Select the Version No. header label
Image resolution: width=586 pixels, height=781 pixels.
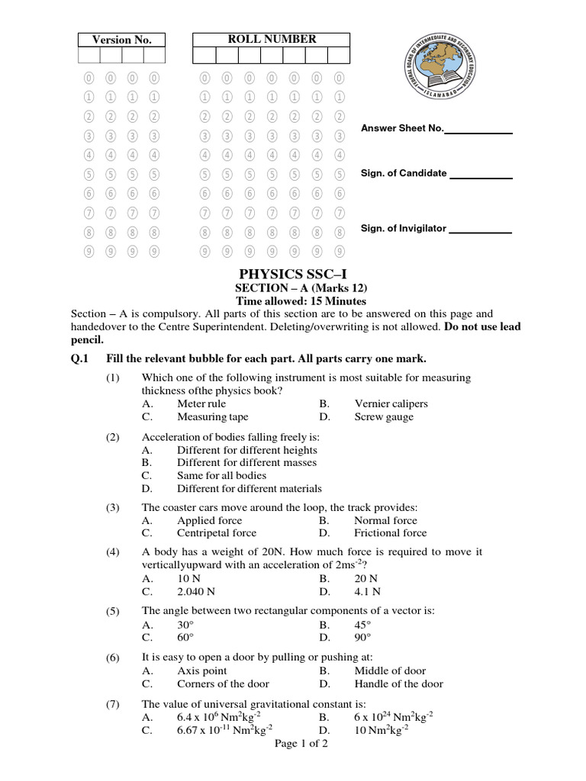(x=122, y=40)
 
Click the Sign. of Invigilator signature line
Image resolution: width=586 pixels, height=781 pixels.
(x=480, y=231)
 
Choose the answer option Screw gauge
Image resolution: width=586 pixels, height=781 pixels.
(x=384, y=417)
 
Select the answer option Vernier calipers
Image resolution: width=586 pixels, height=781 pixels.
(x=391, y=403)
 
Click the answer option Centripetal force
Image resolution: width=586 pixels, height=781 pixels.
(x=217, y=533)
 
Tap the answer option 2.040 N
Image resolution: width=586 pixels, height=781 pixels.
(x=196, y=591)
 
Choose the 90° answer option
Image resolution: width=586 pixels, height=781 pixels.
(x=362, y=638)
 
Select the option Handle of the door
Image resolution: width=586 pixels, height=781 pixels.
(x=398, y=684)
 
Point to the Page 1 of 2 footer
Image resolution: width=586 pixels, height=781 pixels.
(x=301, y=744)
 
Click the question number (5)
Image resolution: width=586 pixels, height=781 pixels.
(x=113, y=612)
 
